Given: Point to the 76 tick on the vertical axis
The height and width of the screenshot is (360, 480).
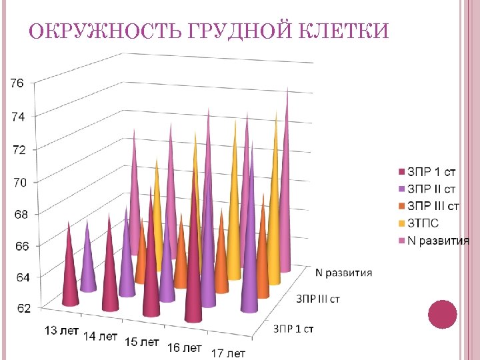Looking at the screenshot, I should [17, 83].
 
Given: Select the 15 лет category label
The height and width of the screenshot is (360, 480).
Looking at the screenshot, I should [142, 341].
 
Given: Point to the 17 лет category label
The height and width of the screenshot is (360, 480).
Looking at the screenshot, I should [228, 353].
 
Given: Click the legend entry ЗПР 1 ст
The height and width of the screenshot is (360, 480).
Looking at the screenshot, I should [431, 172].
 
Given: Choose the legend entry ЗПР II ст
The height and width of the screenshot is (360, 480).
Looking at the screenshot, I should [432, 189].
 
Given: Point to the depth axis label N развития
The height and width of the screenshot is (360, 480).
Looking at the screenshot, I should [343, 272].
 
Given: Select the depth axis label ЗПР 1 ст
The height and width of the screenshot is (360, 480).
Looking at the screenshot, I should [293, 328].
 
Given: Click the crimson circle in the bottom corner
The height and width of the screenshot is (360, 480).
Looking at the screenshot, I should [442, 315].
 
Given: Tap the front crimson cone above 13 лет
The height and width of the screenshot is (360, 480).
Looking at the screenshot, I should [69, 273].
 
